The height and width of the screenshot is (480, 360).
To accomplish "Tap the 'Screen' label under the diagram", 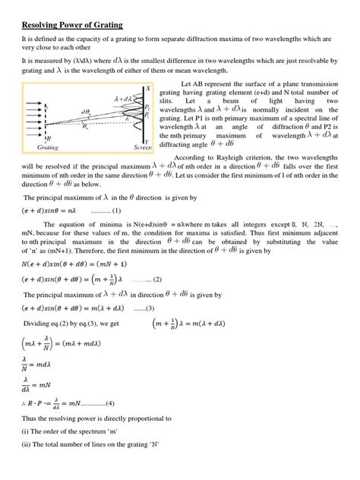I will [x=142, y=147].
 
